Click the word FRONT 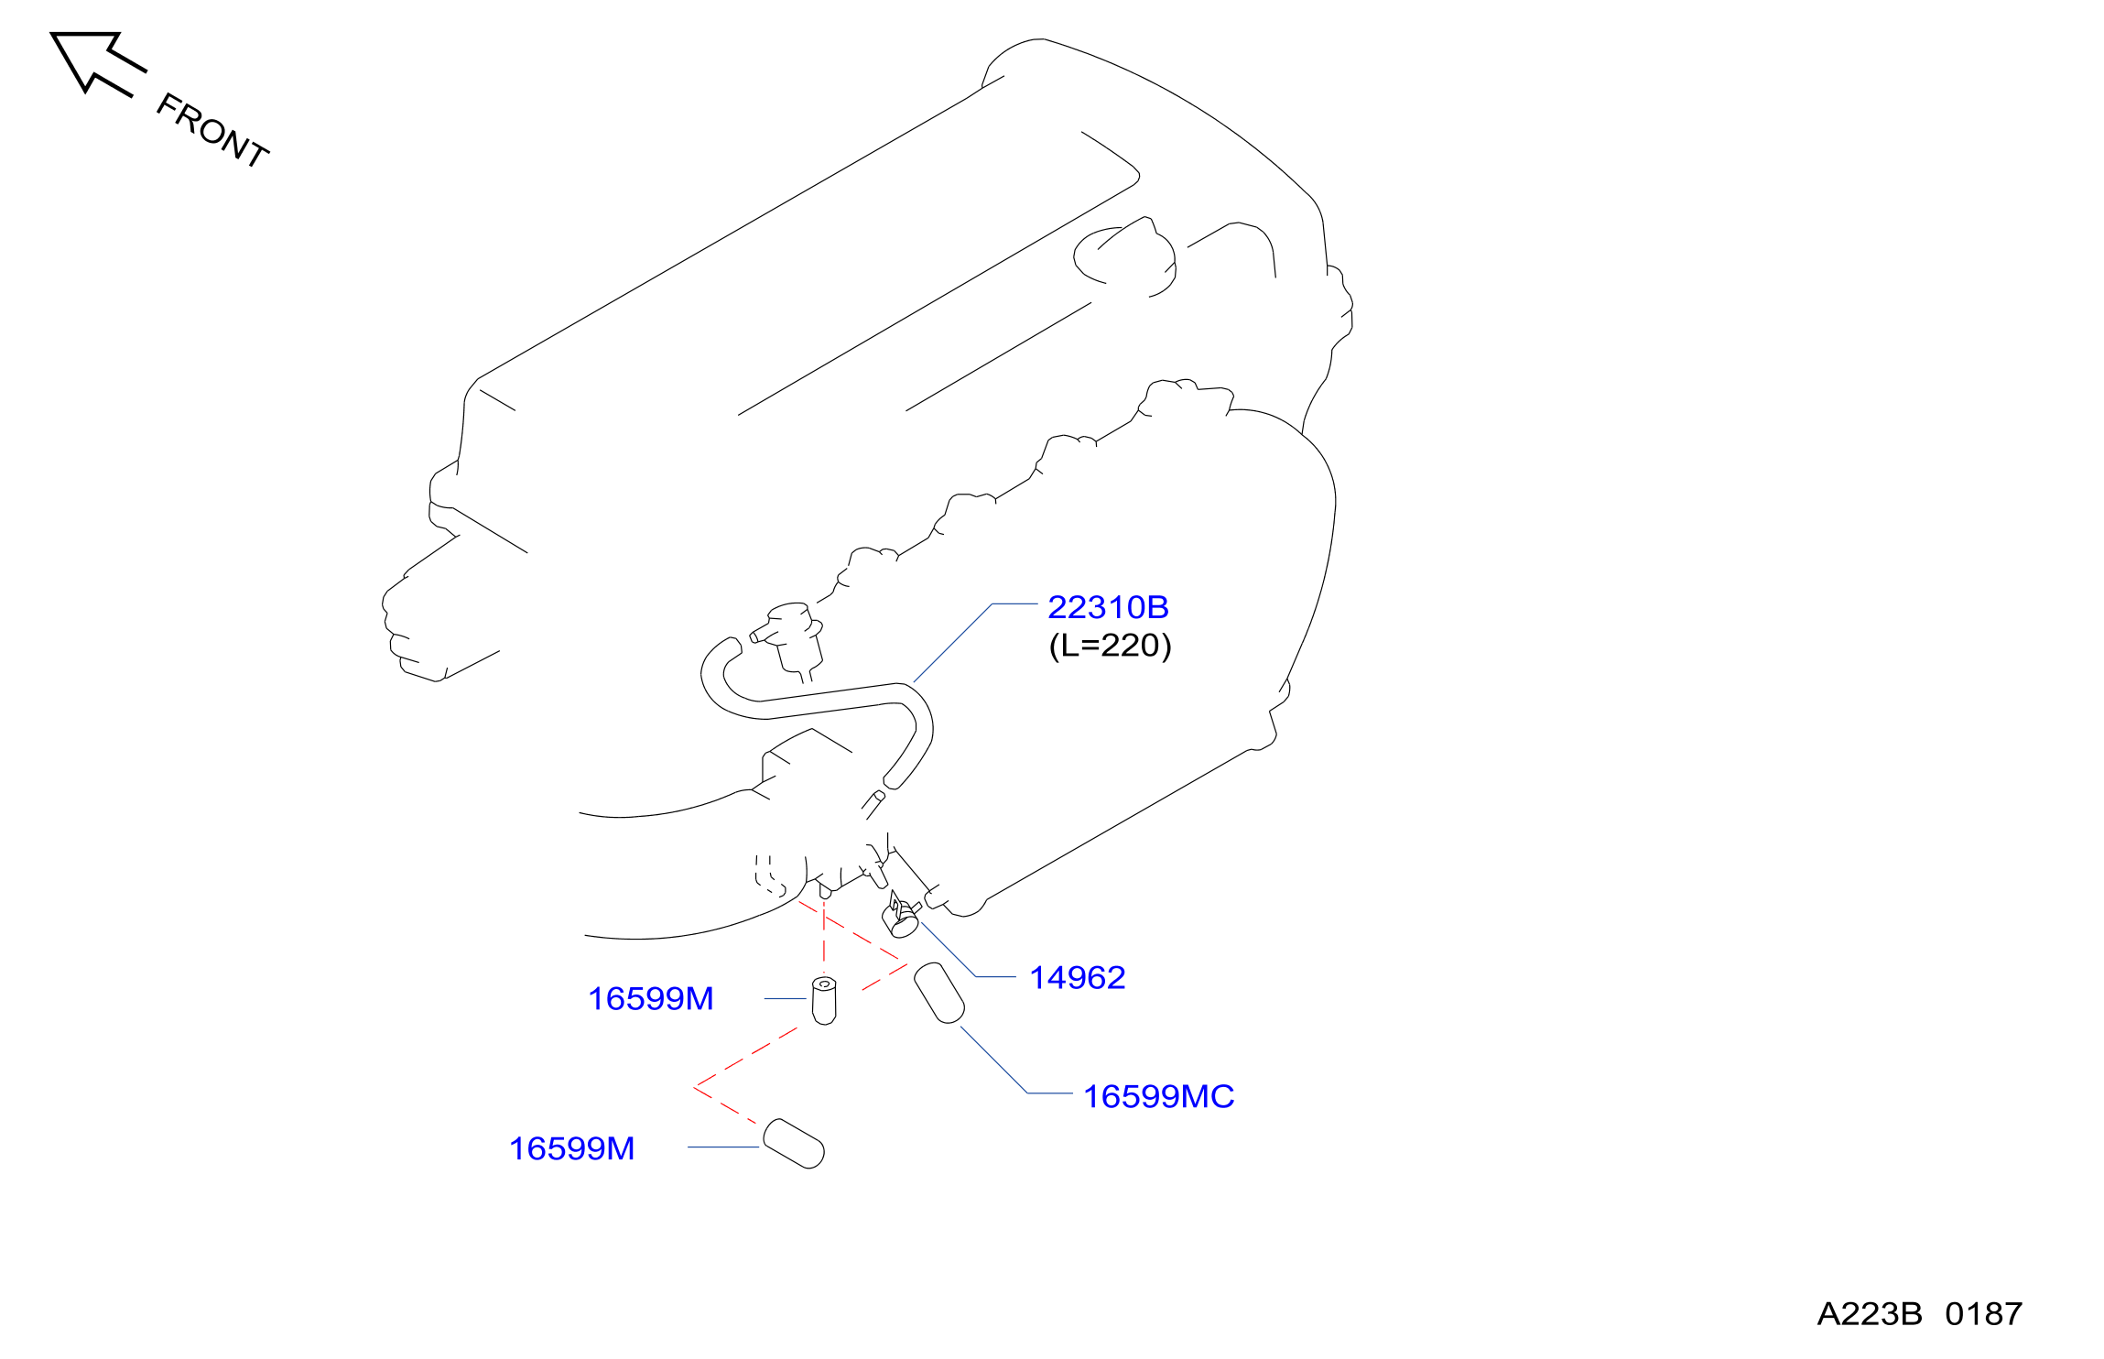tap(212, 130)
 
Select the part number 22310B tap(1108, 607)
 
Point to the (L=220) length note tap(1110, 646)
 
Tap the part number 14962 tap(1078, 978)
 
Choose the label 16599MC tap(1158, 1096)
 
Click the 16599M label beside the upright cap tap(650, 999)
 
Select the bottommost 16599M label tap(571, 1148)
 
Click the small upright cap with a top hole tap(824, 1000)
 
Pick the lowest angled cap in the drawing tap(794, 1144)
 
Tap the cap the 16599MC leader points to tap(939, 993)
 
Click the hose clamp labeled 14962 tap(902, 916)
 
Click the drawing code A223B tap(1870, 1314)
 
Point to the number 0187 tap(1984, 1314)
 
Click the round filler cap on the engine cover tap(1124, 257)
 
